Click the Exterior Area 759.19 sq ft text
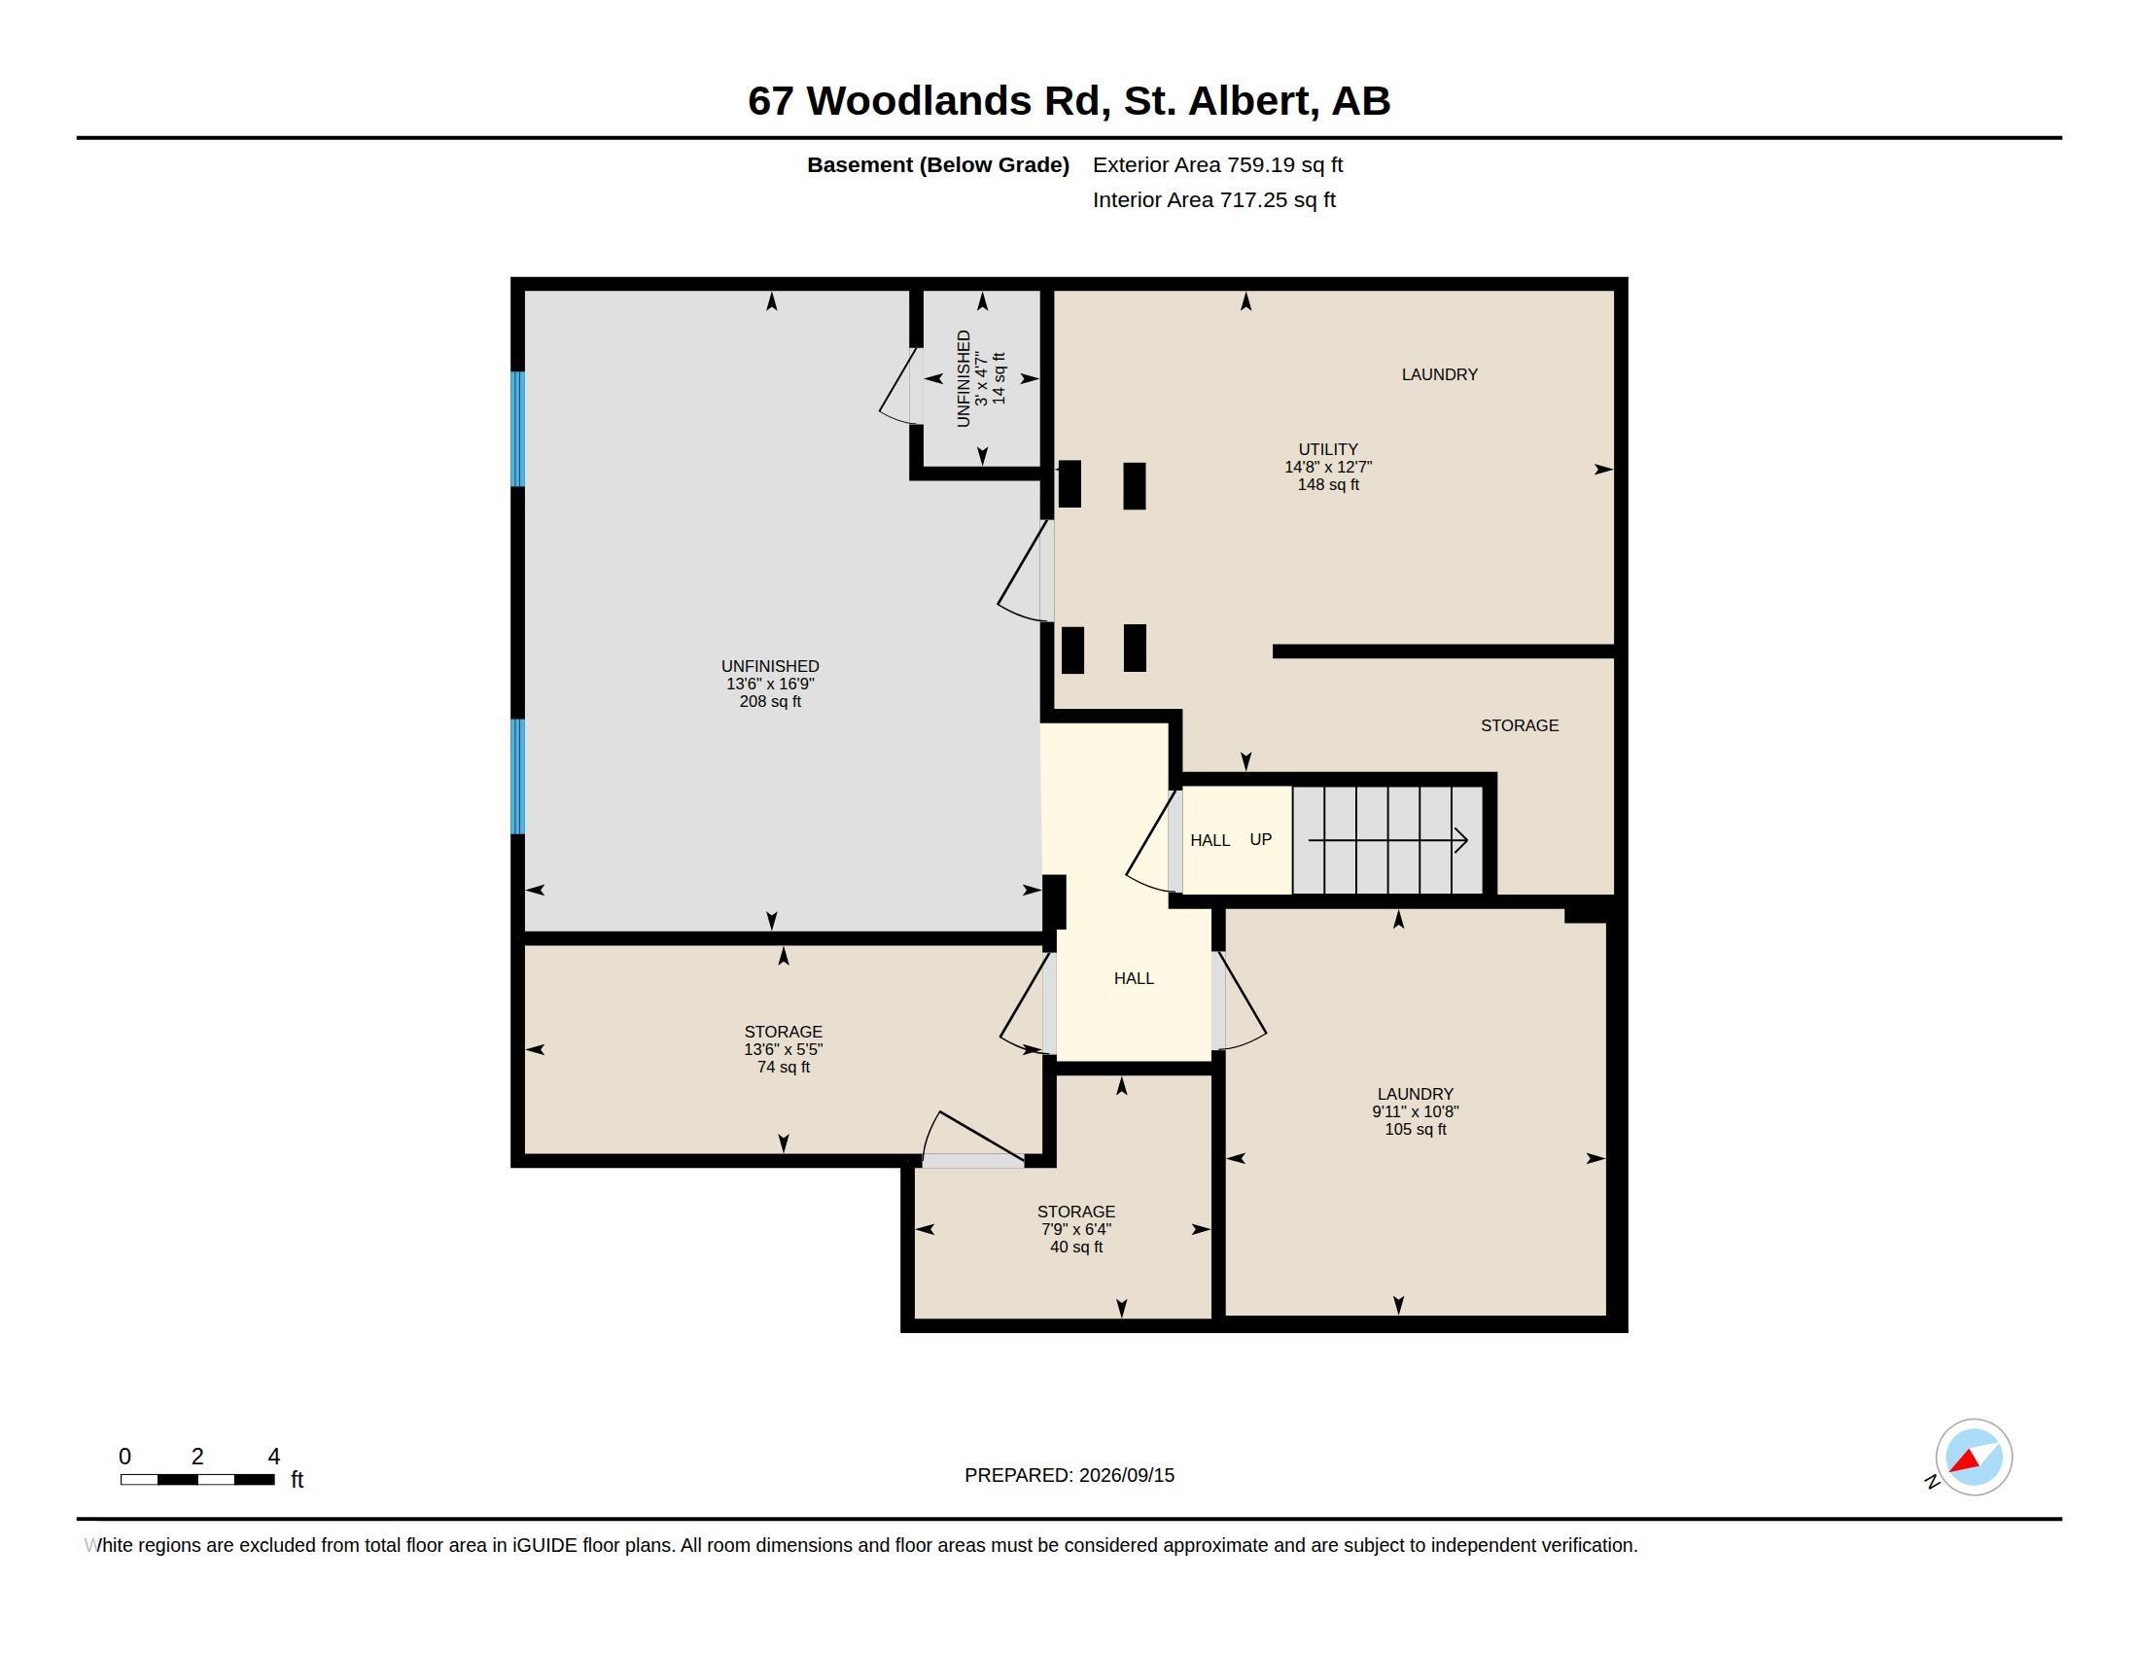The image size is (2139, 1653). coord(1217,164)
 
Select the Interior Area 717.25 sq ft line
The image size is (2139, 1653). coord(1213,199)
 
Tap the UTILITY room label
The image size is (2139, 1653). coord(1328,449)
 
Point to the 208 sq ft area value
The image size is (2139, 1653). coord(770,701)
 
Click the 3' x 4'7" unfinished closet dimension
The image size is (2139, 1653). coord(981,379)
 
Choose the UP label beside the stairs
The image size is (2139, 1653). coord(1260,839)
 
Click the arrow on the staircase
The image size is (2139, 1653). coord(1387,840)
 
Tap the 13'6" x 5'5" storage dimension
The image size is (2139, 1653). coord(784,1049)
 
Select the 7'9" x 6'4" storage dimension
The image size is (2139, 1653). coord(1076,1229)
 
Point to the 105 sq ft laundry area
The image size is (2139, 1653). coord(1416,1129)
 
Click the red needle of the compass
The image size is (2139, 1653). coord(1965,1461)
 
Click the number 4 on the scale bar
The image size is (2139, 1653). coord(274,1457)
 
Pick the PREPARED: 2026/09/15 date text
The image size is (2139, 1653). coord(1069,1475)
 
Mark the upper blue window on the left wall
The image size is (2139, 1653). coord(518,429)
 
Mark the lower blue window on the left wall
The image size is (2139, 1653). coord(518,777)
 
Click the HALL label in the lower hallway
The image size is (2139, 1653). coord(1134,978)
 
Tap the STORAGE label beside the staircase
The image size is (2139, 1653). coord(1519,725)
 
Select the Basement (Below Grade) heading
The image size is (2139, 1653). coord(937,165)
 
